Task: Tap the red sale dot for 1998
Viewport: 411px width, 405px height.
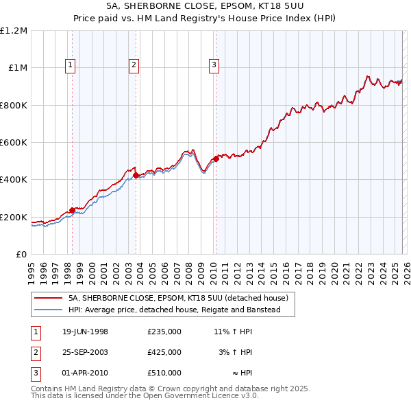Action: point(72,210)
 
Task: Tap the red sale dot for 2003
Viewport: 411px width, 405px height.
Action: point(136,175)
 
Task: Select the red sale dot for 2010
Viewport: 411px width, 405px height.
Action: point(215,159)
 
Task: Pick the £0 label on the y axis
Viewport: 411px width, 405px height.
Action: point(21,255)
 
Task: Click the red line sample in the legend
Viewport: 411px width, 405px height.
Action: point(49,299)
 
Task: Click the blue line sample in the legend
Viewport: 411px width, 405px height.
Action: point(49,310)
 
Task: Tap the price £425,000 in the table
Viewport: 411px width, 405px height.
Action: point(164,352)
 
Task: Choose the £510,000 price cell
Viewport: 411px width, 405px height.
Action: point(164,373)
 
